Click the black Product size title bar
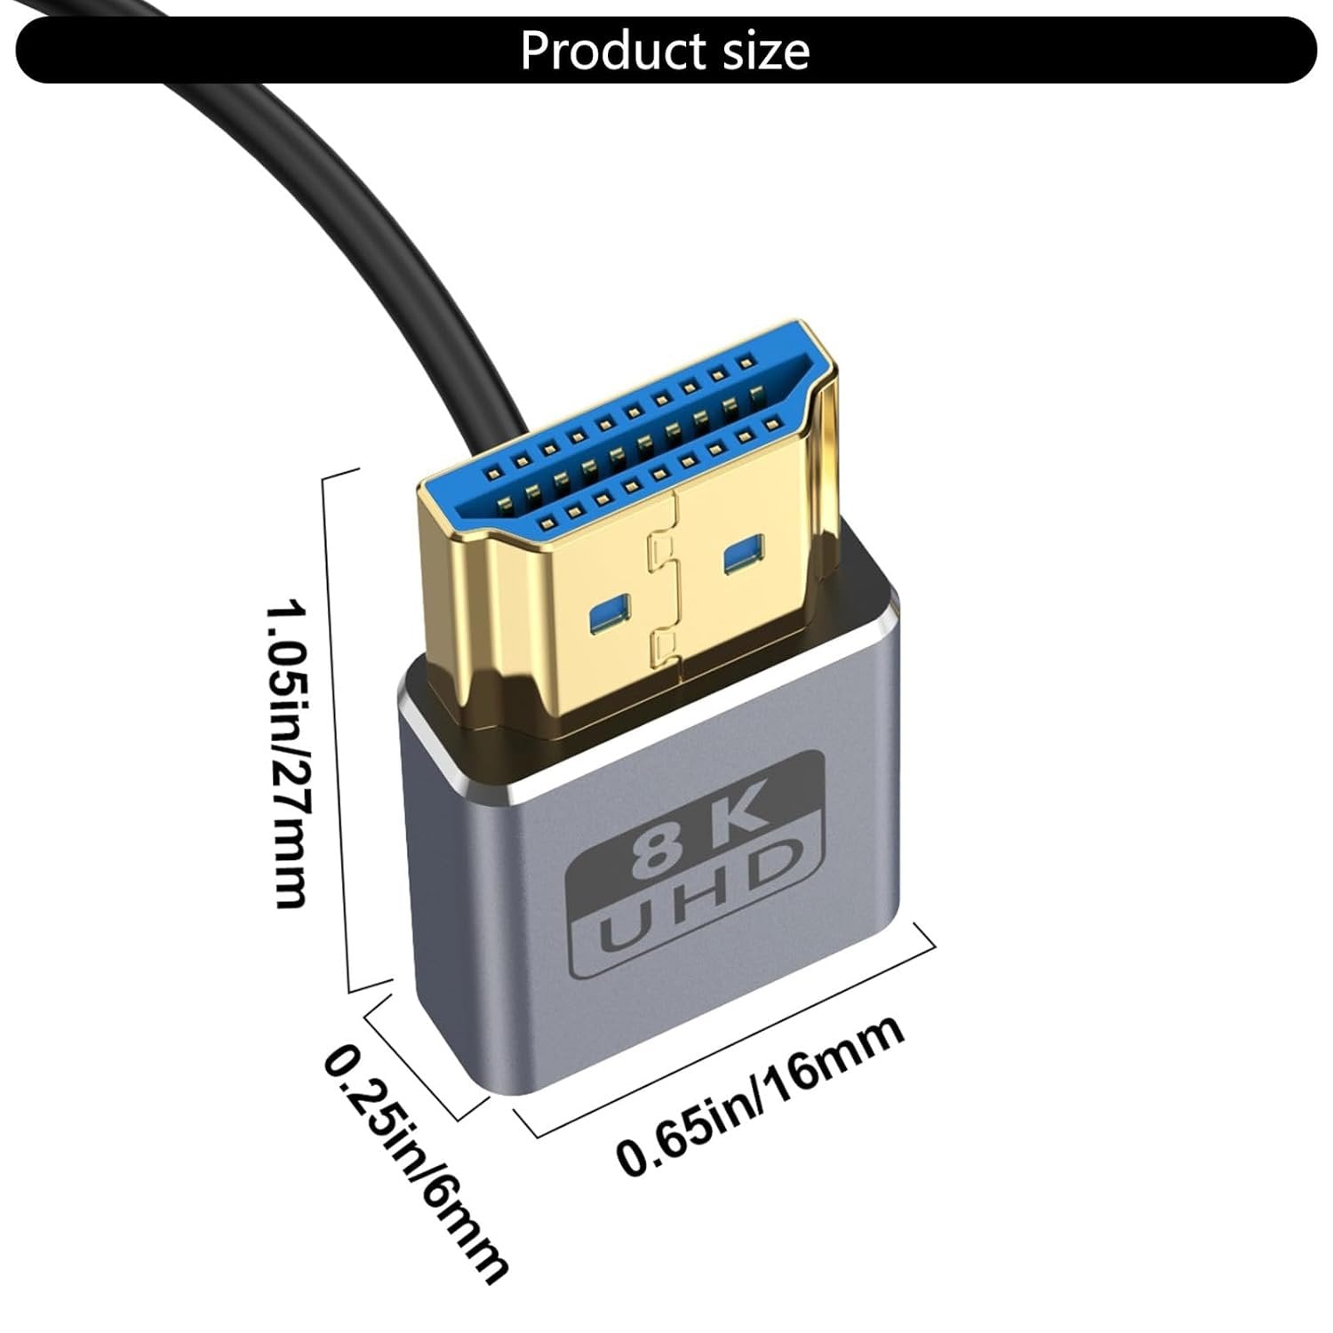point(267,52)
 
